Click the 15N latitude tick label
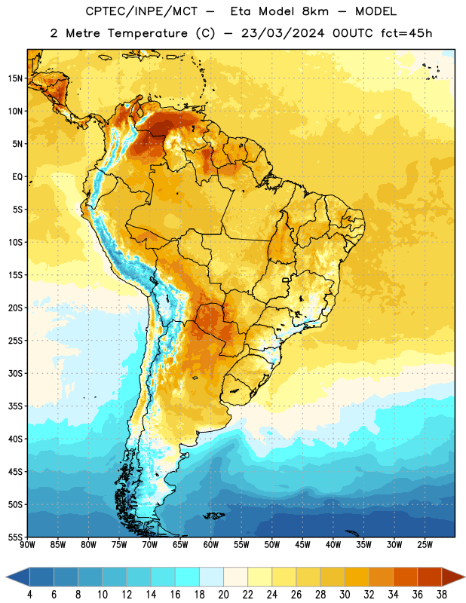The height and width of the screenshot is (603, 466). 15,78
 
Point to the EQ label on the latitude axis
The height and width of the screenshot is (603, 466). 17,177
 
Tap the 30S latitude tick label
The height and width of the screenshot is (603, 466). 15,373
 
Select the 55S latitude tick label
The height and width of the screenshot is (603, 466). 15,537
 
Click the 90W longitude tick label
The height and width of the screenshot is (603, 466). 27,545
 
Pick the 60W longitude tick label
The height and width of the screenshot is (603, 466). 211,545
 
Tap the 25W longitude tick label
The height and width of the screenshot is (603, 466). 425,545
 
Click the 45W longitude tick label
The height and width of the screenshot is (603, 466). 302,545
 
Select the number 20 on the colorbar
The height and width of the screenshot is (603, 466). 223,595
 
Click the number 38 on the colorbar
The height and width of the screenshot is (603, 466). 442,595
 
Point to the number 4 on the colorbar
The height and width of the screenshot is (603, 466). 29,595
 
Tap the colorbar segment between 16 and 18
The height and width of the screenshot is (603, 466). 187,577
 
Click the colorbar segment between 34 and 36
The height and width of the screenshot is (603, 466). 405,577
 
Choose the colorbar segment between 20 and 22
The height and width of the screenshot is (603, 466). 235,577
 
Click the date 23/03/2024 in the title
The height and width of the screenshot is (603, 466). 283,33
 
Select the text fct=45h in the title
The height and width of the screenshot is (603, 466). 406,33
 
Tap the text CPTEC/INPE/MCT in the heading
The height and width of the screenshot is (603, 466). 141,11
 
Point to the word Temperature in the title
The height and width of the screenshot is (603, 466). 147,34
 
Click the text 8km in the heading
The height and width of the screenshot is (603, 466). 315,11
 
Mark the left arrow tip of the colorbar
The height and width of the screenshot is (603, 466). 6,577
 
